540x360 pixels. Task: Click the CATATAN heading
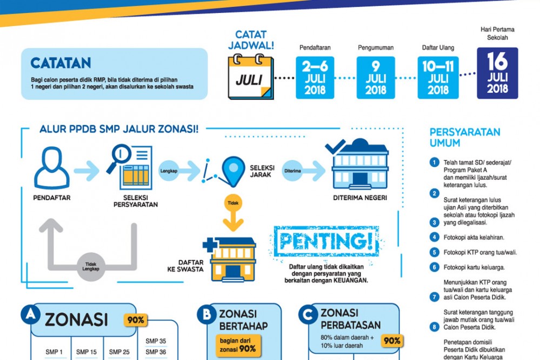point(61,63)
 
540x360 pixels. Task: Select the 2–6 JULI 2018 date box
point(315,78)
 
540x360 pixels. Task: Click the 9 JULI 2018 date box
point(376,78)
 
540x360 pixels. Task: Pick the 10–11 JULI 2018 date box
point(438,78)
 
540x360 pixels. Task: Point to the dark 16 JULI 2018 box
point(497,74)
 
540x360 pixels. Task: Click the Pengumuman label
point(375,48)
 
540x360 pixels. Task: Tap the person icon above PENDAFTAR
point(52,168)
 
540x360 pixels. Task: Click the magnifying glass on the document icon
point(119,157)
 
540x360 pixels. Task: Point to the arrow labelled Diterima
point(301,171)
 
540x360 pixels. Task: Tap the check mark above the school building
point(336,146)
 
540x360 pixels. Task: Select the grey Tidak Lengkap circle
point(91,266)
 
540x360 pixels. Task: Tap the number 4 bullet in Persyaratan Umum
point(434,237)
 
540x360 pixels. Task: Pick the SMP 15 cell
point(86,352)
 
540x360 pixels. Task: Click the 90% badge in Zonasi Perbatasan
point(392,341)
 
